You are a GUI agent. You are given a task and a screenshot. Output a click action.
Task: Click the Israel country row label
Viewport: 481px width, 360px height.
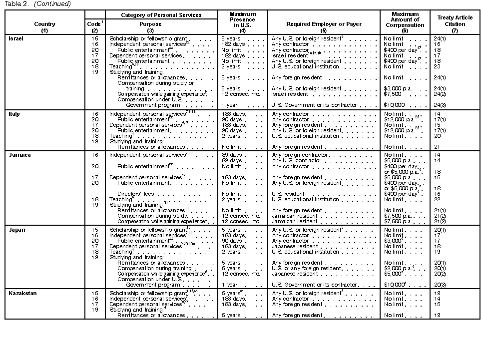16,38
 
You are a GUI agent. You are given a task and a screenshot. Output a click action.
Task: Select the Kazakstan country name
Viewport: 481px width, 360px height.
23,293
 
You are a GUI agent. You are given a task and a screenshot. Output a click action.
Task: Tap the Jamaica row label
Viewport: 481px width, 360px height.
19,155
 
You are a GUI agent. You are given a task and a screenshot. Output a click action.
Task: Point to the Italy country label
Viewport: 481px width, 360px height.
14,114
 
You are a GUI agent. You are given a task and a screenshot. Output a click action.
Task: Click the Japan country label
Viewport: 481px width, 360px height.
17,230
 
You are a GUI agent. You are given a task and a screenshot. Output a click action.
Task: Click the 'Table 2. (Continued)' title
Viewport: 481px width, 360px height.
38,4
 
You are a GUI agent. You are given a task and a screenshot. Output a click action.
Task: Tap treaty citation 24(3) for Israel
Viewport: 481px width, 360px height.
440,105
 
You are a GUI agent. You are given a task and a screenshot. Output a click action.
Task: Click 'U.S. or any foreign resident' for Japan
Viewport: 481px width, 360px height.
306,268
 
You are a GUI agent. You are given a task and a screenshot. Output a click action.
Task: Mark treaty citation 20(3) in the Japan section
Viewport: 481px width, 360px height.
440,285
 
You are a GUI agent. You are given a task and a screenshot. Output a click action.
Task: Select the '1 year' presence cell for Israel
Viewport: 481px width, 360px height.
230,105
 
